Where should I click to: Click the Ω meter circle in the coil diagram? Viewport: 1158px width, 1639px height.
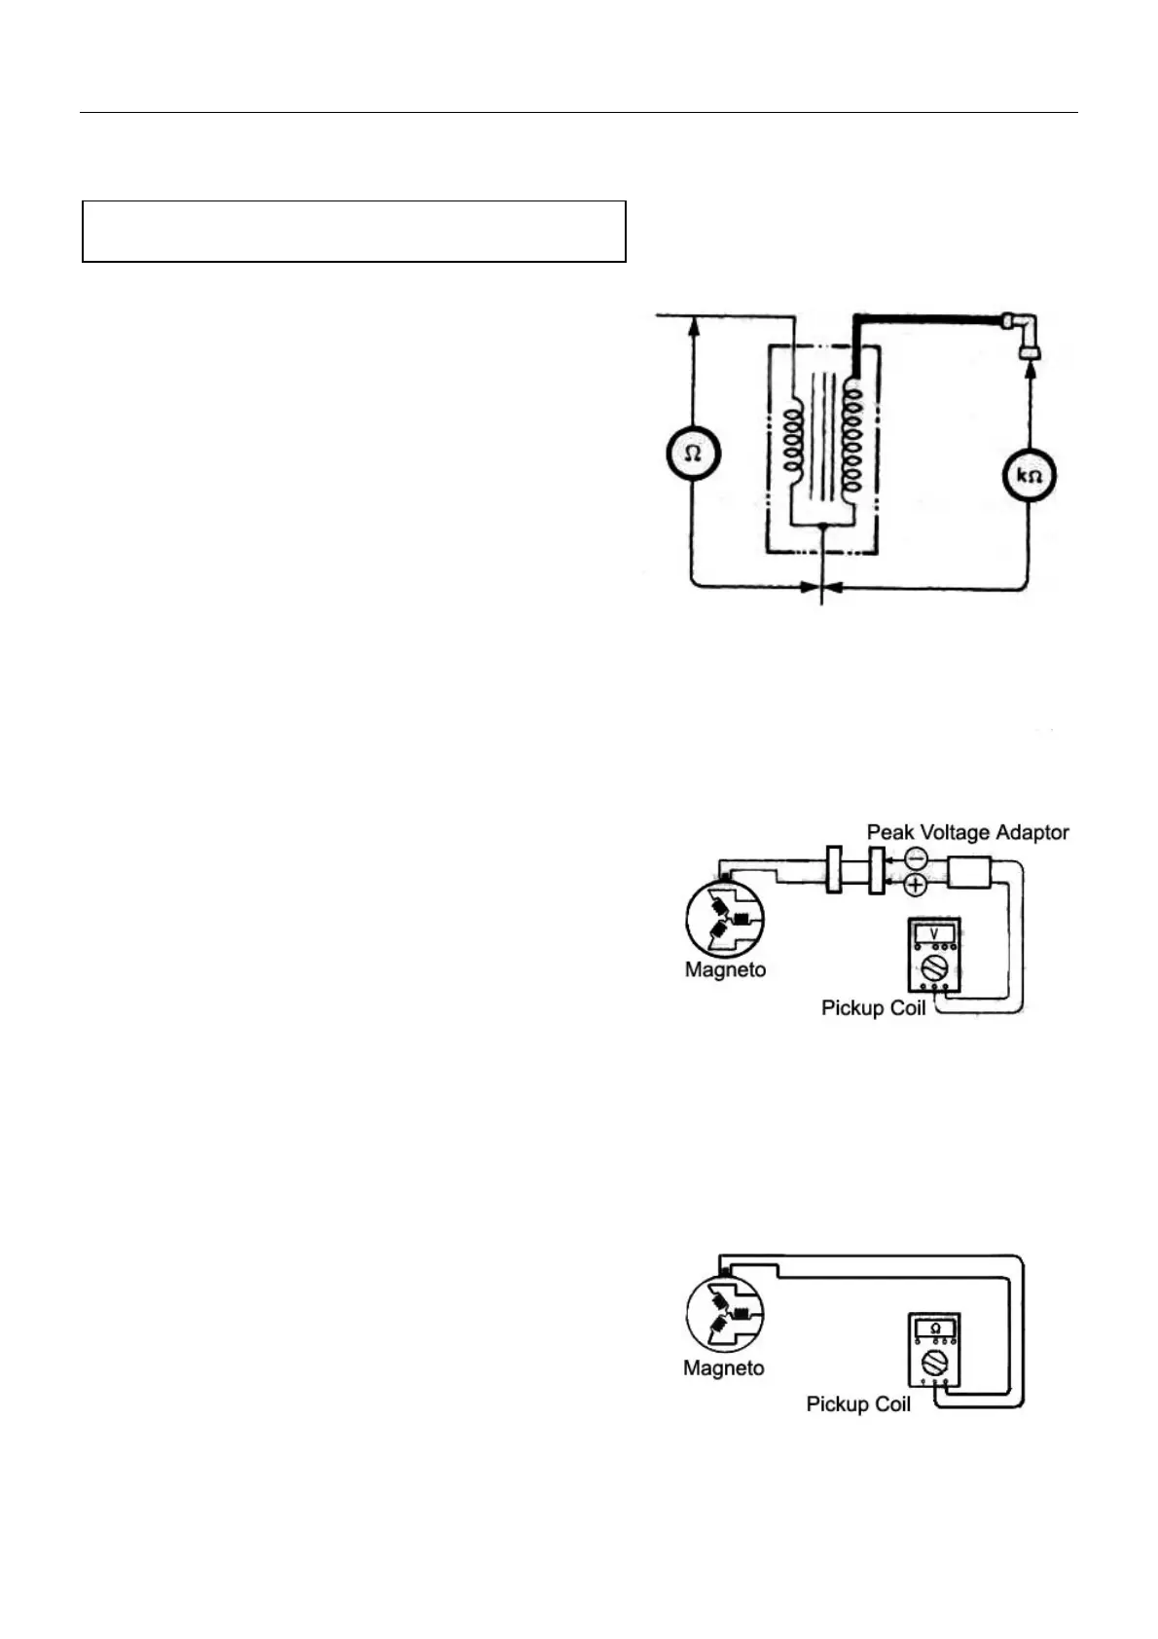click(x=693, y=454)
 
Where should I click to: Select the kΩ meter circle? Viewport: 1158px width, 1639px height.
click(x=1029, y=476)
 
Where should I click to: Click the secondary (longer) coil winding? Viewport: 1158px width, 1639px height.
click(x=853, y=438)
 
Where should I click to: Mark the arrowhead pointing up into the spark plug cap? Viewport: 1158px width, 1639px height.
click(x=1029, y=376)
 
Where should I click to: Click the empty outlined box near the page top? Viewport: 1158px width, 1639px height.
click(x=353, y=232)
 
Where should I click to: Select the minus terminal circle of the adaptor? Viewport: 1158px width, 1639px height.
click(x=916, y=858)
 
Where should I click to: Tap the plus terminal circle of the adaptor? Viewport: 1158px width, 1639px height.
click(x=916, y=885)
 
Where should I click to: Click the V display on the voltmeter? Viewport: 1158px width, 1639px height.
click(x=934, y=932)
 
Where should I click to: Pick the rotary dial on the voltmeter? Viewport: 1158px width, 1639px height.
click(x=934, y=966)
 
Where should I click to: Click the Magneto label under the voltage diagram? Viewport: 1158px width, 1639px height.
click(x=725, y=969)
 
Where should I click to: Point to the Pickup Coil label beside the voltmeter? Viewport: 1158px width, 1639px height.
click(x=873, y=1007)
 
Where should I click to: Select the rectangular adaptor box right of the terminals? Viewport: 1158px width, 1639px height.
click(x=969, y=871)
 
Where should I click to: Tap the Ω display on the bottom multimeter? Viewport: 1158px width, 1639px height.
click(x=935, y=1329)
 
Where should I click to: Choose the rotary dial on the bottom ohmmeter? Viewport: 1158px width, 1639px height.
click(x=935, y=1362)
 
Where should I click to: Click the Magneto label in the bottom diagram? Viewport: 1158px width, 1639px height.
click(x=723, y=1367)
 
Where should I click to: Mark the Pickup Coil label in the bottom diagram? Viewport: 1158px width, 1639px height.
click(x=858, y=1403)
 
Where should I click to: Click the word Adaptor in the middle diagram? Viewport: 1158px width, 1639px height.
click(x=1034, y=832)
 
